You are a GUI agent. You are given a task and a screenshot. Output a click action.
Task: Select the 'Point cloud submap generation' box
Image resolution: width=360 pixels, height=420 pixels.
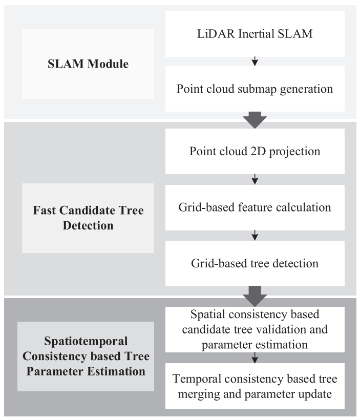click(255, 89)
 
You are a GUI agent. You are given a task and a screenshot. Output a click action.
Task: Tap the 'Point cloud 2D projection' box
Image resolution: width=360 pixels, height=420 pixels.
click(255, 152)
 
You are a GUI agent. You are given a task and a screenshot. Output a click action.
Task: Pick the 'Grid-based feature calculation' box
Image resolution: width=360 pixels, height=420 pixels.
click(255, 207)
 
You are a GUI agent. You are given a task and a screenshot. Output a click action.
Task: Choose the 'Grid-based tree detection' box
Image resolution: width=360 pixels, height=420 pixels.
click(255, 263)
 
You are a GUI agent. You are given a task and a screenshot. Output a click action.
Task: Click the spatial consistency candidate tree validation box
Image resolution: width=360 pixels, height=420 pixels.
click(255, 329)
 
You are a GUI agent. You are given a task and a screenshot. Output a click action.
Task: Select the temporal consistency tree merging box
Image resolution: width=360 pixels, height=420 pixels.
click(255, 387)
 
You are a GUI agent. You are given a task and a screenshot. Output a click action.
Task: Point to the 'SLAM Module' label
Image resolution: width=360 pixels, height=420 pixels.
click(88, 64)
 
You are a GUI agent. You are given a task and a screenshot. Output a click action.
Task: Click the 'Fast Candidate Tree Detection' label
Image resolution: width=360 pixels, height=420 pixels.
click(88, 218)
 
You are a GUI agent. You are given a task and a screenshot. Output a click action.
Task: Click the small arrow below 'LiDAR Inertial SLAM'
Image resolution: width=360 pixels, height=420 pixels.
click(255, 62)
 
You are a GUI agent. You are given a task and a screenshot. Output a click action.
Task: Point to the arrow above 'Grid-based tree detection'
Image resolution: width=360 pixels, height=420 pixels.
click(255, 236)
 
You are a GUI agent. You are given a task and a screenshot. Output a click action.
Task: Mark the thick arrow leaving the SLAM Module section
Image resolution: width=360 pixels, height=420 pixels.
click(255, 120)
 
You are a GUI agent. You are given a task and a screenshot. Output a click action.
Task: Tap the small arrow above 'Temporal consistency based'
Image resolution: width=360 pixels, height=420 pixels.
click(255, 358)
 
